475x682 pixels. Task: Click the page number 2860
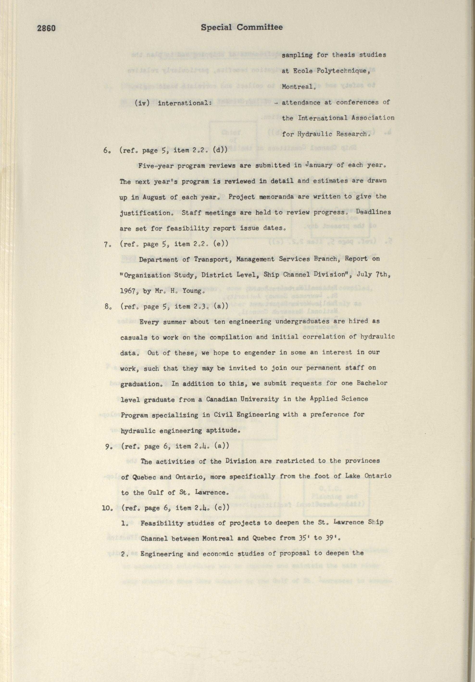pos(46,28)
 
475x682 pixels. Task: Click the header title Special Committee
pos(242,27)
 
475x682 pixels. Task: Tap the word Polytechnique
pos(337,71)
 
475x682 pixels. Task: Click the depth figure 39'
pos(331,538)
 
